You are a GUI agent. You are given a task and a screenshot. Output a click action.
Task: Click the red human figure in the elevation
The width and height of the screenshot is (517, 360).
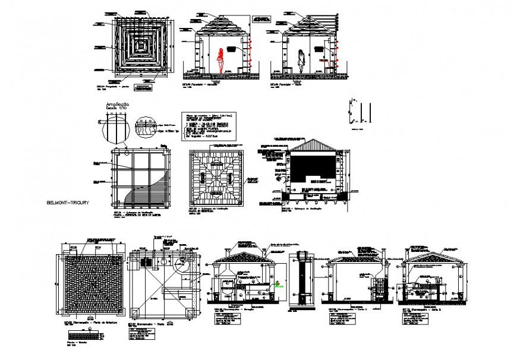(221, 59)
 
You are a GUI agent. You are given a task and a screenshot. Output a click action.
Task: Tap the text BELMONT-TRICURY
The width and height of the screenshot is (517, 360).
(68, 203)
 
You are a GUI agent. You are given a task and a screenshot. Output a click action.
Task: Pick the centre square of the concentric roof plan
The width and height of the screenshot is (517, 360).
(142, 44)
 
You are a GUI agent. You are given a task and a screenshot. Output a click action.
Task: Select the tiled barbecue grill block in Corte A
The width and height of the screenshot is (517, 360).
(377, 288)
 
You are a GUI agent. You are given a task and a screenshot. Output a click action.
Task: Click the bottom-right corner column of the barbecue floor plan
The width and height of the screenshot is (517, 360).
(190, 311)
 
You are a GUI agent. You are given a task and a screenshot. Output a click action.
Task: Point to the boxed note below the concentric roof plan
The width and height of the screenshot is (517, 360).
(143, 89)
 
